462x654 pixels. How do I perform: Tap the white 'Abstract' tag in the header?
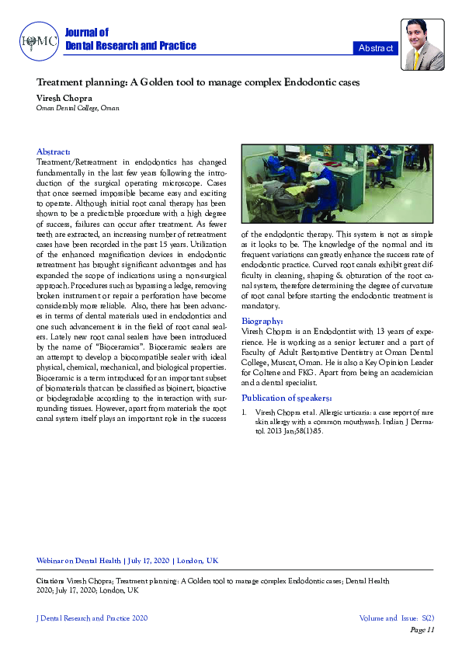[x=375, y=48]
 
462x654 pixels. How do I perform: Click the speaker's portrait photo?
[x=422, y=45]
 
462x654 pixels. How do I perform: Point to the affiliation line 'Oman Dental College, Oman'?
[x=78, y=108]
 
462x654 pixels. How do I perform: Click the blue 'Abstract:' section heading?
[x=54, y=151]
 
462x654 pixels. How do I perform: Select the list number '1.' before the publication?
[x=245, y=412]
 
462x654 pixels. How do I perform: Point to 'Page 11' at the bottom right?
[x=422, y=630]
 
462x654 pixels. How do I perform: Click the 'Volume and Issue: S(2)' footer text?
[x=396, y=618]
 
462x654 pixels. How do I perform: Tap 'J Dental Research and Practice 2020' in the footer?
[x=92, y=618]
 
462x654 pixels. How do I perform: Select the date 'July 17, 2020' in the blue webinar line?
[x=147, y=560]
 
